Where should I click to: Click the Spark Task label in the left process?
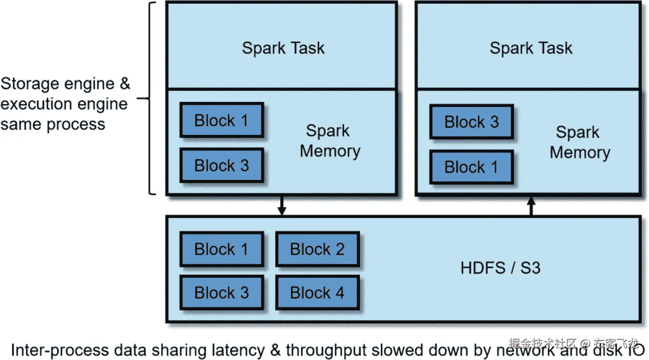pos(283,48)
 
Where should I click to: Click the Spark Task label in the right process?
pos(531,48)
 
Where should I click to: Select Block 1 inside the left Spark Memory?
pos(221,120)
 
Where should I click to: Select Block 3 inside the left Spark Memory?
pos(221,165)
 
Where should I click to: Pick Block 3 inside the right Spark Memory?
pos(471,122)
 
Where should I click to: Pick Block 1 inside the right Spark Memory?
pos(471,167)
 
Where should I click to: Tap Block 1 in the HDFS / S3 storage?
pos(221,249)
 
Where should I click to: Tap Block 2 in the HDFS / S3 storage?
pos(317,249)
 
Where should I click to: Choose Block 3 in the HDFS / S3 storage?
pos(221,293)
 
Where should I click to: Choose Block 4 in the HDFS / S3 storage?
pos(317,293)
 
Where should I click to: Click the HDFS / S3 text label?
pos(501,267)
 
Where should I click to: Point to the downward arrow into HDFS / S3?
pos(282,206)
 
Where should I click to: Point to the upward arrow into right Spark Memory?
pos(531,206)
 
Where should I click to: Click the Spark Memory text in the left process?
pos(329,141)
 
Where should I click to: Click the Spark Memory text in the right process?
pos(579,142)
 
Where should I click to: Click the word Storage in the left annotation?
pos(30,84)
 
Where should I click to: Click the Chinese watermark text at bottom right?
pos(574,343)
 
